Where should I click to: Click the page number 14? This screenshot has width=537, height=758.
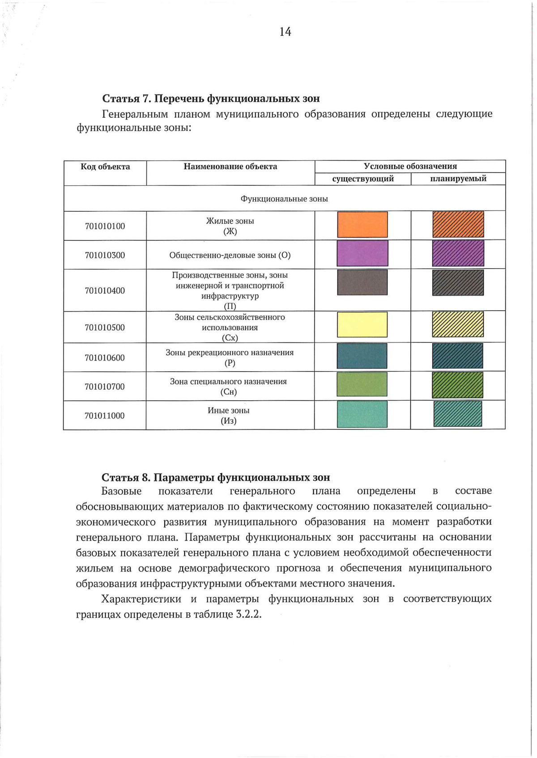pyautogui.click(x=285, y=32)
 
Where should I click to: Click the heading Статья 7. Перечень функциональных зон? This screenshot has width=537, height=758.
pyautogui.click(x=211, y=98)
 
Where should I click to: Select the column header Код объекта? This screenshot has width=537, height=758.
pyautogui.click(x=105, y=167)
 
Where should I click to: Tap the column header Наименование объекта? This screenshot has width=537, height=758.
pyautogui.click(x=230, y=167)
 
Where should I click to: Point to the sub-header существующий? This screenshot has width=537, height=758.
pyautogui.click(x=363, y=179)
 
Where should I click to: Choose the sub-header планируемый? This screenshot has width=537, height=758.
pyautogui.click(x=458, y=179)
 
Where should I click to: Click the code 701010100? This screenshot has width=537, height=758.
pyautogui.click(x=105, y=226)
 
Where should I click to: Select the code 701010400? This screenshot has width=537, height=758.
pyautogui.click(x=105, y=291)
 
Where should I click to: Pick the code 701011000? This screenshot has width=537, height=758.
pyautogui.click(x=105, y=415)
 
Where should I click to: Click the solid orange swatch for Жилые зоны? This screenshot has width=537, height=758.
pyautogui.click(x=362, y=224)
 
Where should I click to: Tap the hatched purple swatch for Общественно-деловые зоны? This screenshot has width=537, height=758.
pyautogui.click(x=458, y=253)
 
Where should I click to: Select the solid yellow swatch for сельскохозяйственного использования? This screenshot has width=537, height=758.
pyautogui.click(x=362, y=325)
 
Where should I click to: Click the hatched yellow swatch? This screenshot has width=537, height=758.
pyautogui.click(x=458, y=324)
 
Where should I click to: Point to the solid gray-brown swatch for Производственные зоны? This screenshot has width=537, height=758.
pyautogui.click(x=362, y=282)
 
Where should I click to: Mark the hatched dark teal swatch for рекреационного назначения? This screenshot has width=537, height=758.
pyautogui.click(x=457, y=355)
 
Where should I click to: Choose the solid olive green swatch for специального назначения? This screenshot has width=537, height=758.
pyautogui.click(x=362, y=384)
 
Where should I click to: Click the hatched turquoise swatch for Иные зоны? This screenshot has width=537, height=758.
pyautogui.click(x=457, y=414)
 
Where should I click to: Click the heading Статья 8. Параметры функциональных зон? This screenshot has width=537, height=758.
pyautogui.click(x=216, y=477)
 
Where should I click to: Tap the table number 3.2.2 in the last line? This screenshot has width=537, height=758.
pyautogui.click(x=248, y=614)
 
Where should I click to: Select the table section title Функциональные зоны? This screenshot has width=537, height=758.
pyautogui.click(x=284, y=199)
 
